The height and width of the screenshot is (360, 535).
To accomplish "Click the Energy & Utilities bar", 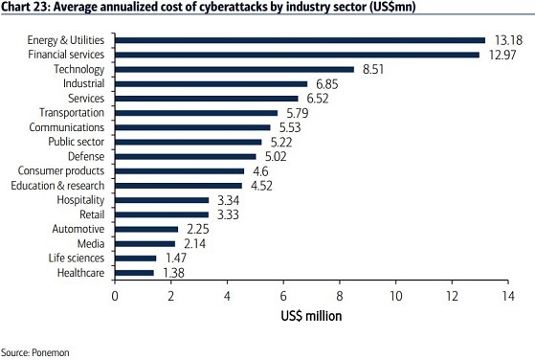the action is [x=300, y=40].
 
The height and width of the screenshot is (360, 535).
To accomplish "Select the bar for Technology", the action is [x=234, y=70].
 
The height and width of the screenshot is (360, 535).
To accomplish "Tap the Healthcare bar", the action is [x=134, y=273].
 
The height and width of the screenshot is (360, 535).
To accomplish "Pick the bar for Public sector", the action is [x=189, y=143].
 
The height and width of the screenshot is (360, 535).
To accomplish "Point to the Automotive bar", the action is [x=146, y=229].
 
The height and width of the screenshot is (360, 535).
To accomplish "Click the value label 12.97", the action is [x=502, y=55].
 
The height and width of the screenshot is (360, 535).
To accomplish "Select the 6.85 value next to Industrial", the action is [x=327, y=84].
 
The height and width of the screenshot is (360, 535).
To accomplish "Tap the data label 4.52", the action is [x=261, y=186].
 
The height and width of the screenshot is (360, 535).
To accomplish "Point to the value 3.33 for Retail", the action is [x=228, y=215].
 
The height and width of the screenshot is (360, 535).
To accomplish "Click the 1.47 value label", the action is [x=176, y=259].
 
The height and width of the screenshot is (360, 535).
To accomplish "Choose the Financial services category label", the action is [x=66, y=55].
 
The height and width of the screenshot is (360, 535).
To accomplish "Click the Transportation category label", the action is [x=72, y=113].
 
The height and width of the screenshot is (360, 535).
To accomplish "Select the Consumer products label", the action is [x=61, y=170].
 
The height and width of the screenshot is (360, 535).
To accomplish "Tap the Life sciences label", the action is [x=77, y=258].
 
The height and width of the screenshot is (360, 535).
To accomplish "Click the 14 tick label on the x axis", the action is [x=507, y=296].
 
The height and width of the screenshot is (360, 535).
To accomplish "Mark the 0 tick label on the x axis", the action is [x=115, y=296].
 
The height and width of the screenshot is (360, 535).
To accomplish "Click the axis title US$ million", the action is [x=311, y=316].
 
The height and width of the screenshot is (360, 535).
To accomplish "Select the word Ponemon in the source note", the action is [x=51, y=353].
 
